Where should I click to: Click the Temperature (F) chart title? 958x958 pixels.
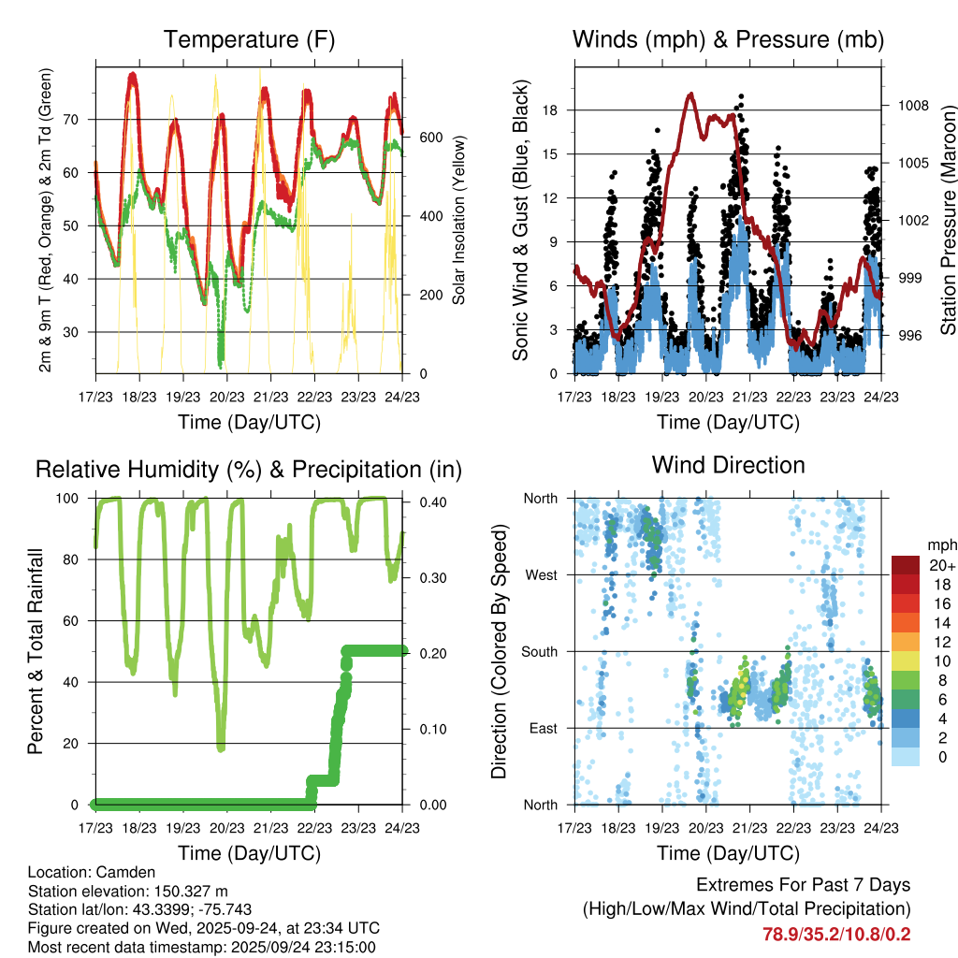249,39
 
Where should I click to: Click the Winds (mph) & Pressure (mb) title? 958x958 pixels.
728,39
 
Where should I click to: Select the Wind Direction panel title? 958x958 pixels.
728,464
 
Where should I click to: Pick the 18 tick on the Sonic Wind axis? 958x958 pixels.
550,110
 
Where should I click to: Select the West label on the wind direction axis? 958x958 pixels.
541,575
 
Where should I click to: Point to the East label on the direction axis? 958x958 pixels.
542,729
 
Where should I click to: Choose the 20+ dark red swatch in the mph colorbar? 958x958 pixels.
906,565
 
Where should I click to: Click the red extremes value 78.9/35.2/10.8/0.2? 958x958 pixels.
836,934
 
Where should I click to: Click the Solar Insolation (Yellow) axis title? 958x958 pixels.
458,221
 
